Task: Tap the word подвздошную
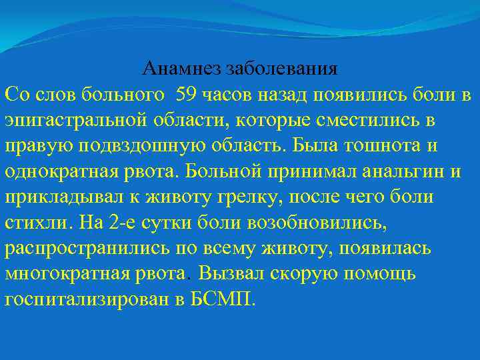(129, 145)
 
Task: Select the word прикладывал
(59, 197)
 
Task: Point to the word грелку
(225, 197)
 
